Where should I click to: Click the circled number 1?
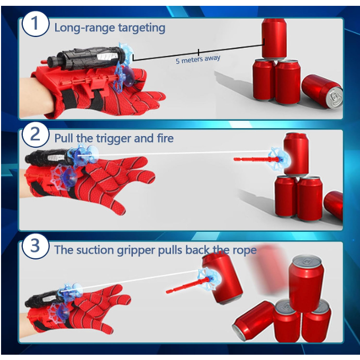[x=35, y=24]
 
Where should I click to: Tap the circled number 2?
[x=35, y=134]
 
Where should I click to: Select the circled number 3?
[x=35, y=246]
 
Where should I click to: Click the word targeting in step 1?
[x=142, y=29]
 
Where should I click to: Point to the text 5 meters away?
[x=198, y=59]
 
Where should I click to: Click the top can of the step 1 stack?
[x=274, y=39]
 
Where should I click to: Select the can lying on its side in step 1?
[x=322, y=92]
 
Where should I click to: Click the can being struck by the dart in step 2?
[x=296, y=154]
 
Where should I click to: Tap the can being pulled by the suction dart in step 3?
[x=223, y=278]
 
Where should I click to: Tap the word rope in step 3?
[x=245, y=250]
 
